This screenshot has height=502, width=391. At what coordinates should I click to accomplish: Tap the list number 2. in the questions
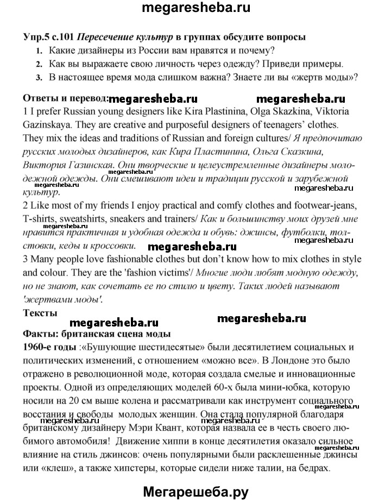tap(39, 64)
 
